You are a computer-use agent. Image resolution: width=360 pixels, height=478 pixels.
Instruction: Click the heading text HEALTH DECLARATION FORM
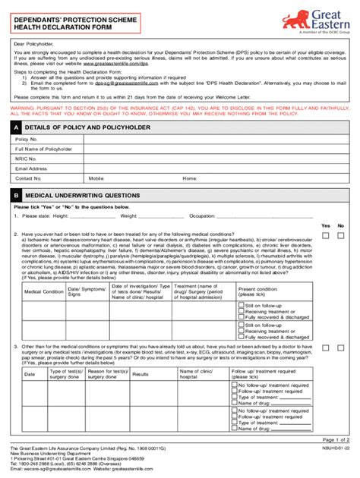(55, 28)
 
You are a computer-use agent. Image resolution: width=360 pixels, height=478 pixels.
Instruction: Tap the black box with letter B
(16, 195)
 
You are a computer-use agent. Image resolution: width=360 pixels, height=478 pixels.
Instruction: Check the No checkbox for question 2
(342, 236)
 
